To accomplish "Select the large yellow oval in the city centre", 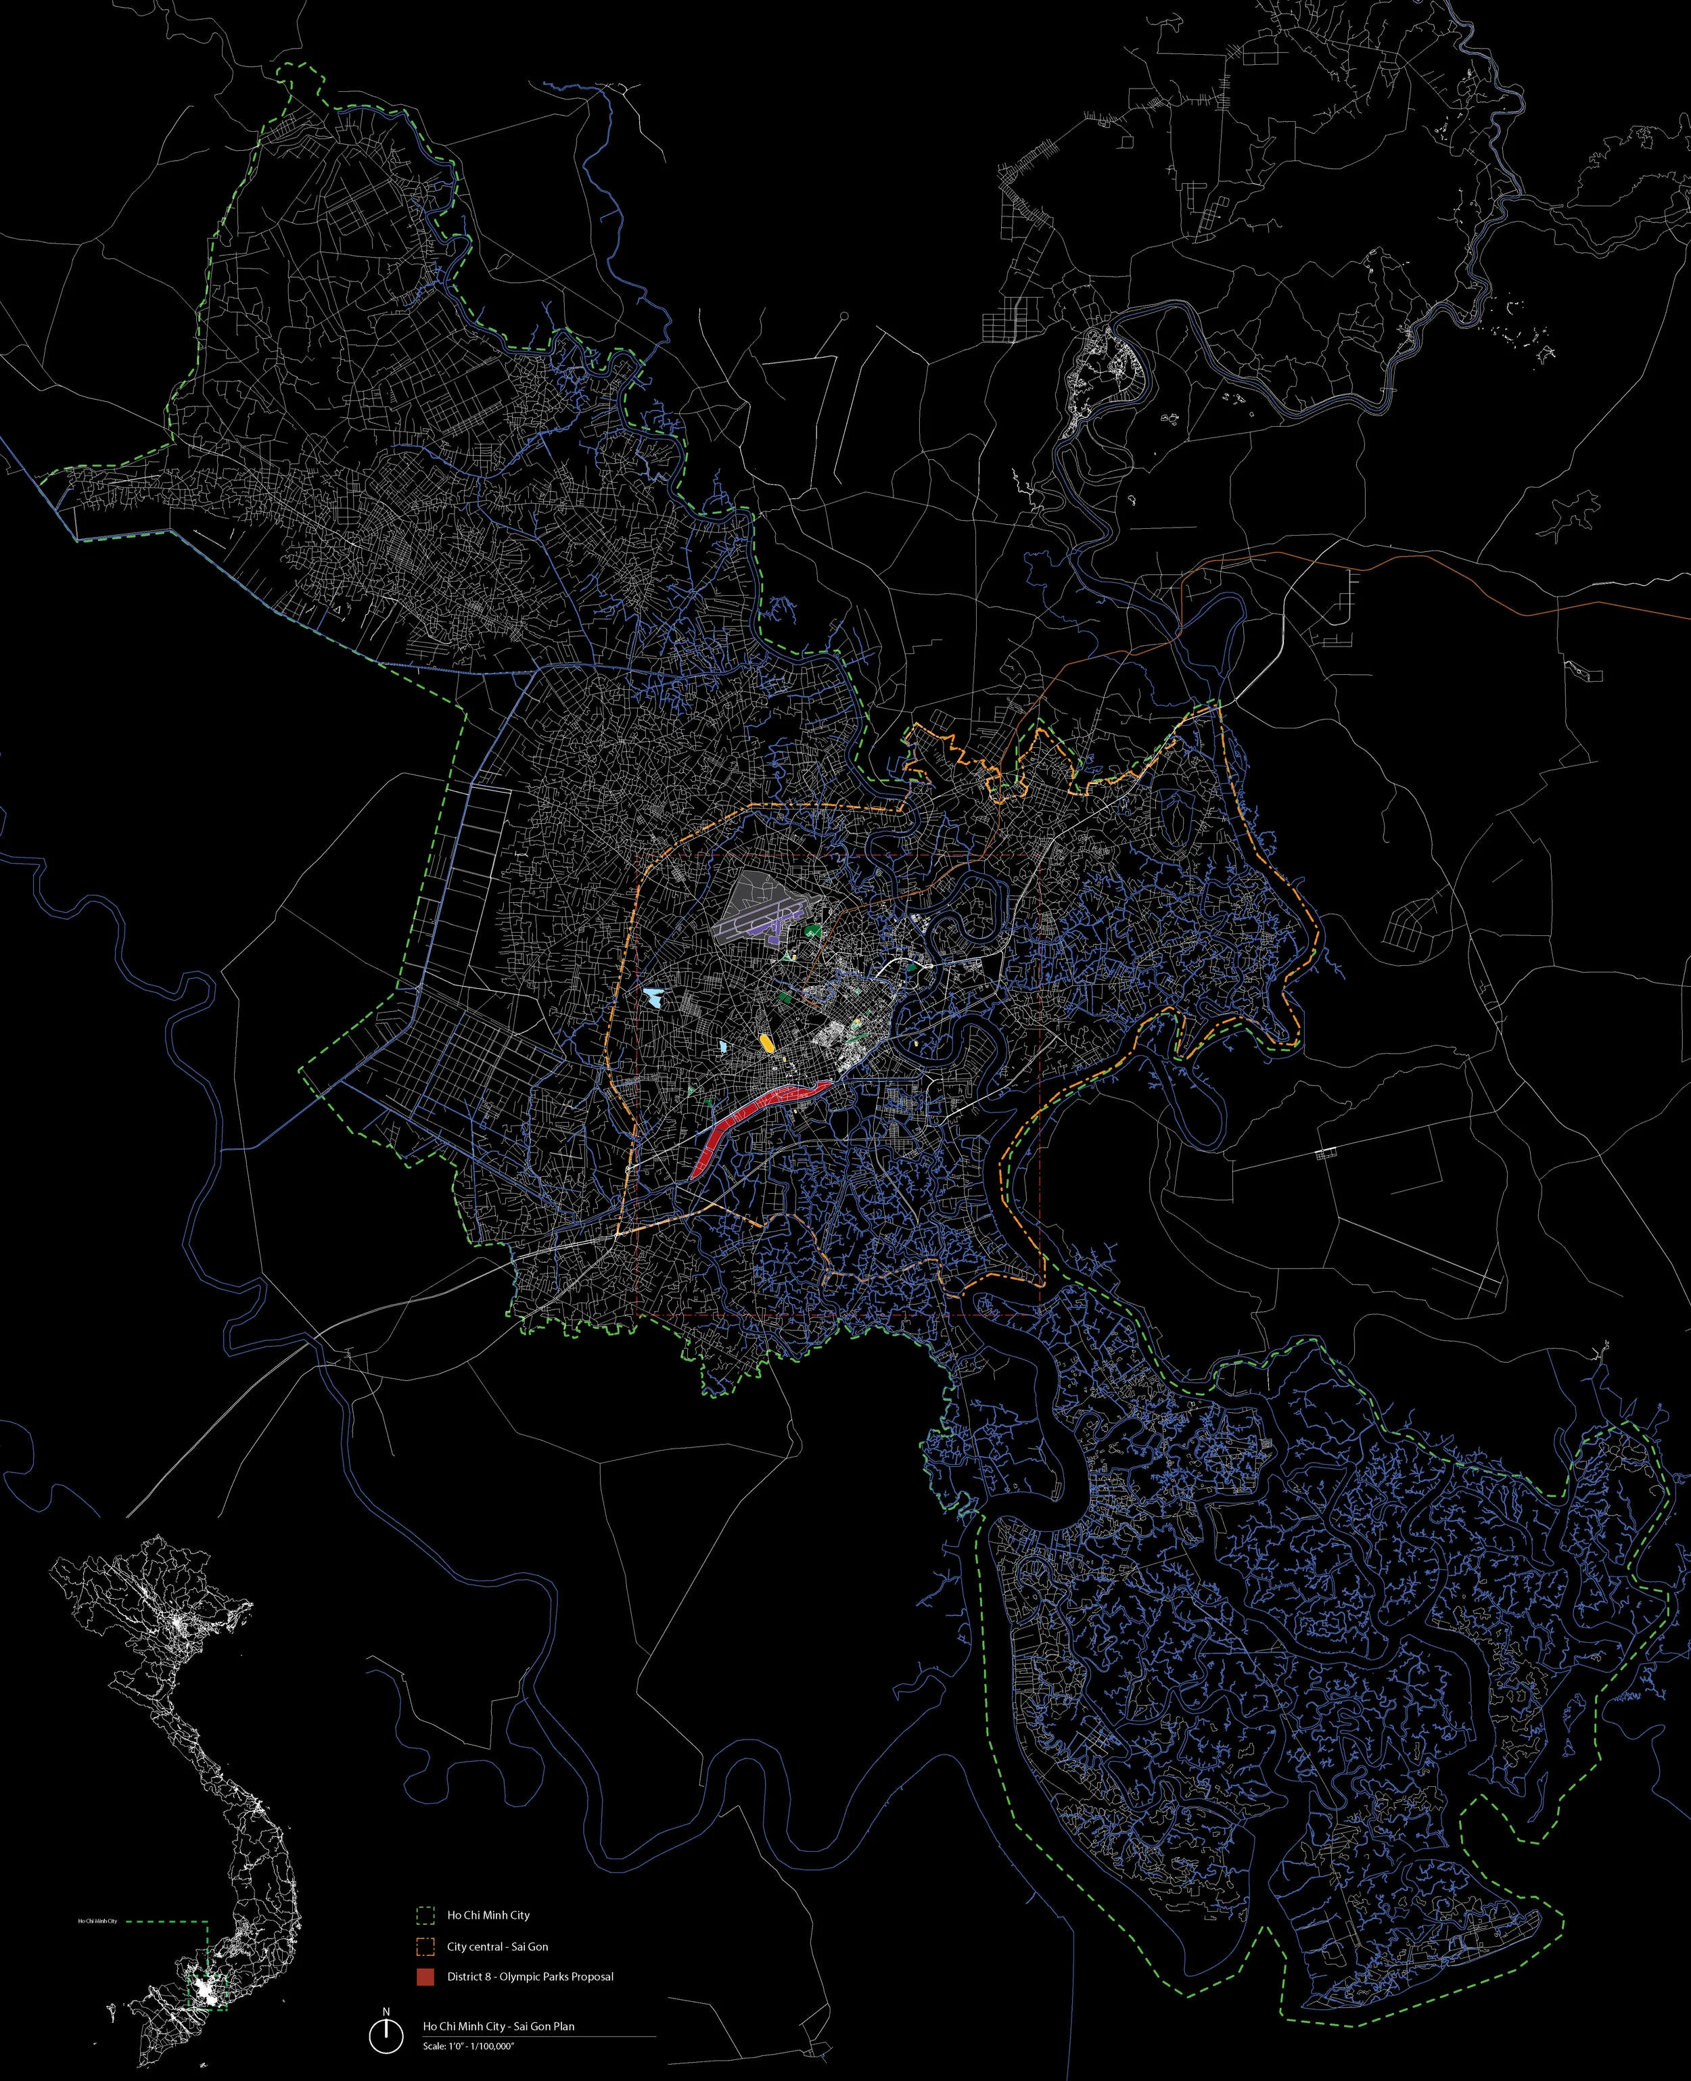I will (x=768, y=1044).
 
